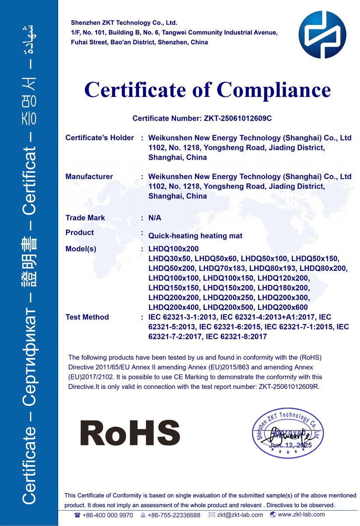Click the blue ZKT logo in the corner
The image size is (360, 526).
point(322,35)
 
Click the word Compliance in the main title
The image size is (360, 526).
point(273,90)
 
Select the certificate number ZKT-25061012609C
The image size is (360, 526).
point(239,118)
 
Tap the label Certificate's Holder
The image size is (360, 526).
point(99,138)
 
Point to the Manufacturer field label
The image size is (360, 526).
point(89,177)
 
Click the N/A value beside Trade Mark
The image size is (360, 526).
point(155,218)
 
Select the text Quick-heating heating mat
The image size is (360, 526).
point(195,236)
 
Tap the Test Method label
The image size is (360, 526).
point(87,317)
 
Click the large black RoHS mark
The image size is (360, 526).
point(130,434)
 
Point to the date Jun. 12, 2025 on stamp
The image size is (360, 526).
point(289,445)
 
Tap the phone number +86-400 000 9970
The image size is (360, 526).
point(107,515)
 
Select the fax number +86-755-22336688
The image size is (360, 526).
point(174,515)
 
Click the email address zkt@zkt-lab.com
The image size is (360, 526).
point(240,515)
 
